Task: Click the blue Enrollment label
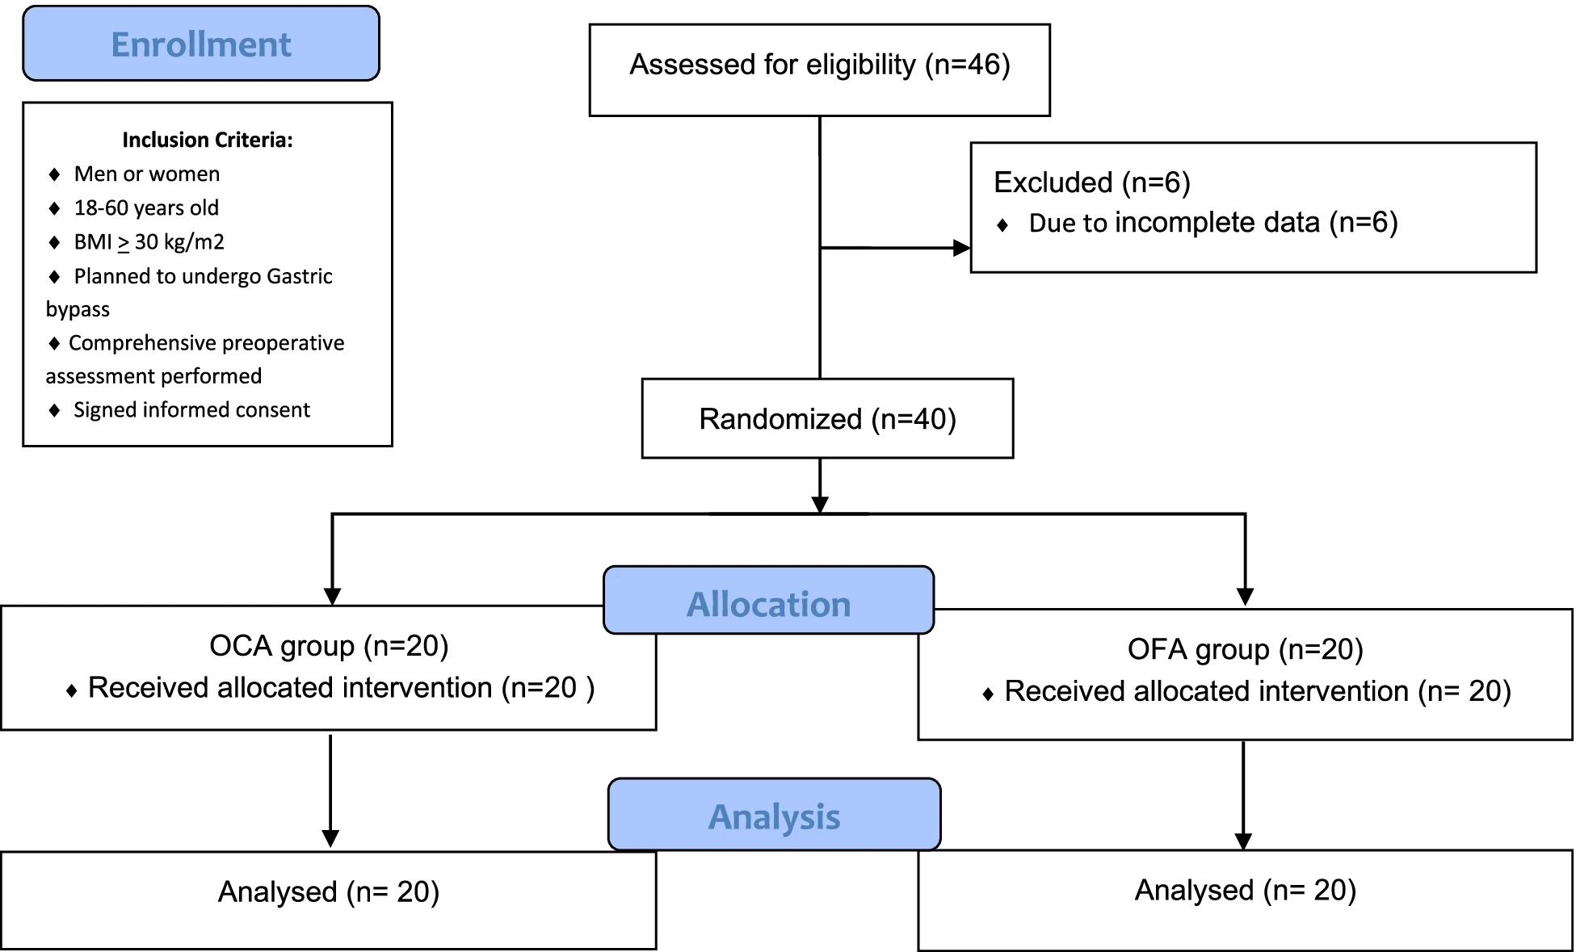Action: click(201, 44)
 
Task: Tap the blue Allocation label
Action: click(769, 600)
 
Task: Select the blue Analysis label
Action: click(775, 814)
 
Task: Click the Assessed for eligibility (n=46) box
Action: click(820, 70)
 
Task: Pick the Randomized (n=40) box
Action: click(827, 418)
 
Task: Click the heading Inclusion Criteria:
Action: click(208, 140)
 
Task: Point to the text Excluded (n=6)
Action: click(1092, 182)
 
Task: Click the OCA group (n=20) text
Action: click(329, 646)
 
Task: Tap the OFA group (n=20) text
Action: click(1246, 649)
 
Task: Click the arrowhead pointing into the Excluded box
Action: click(962, 248)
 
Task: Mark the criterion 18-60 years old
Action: click(146, 208)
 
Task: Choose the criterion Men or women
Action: click(147, 174)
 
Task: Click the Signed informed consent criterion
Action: click(192, 410)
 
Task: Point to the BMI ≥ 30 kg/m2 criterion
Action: click(149, 242)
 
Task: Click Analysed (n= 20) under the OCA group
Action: click(329, 891)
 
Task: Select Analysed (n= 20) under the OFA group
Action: click(1246, 890)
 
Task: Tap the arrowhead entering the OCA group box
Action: click(332, 597)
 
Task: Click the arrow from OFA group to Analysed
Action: click(1243, 795)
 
